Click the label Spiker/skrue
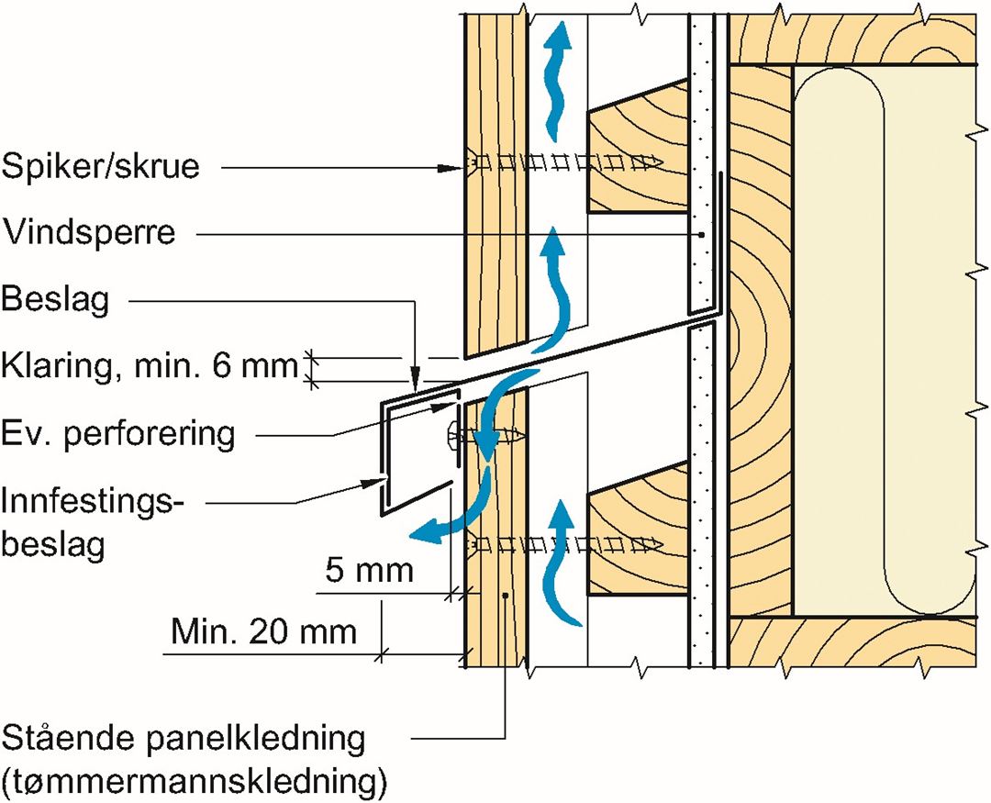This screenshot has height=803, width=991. tap(100, 168)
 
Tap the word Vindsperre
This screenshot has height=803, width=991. tap(88, 232)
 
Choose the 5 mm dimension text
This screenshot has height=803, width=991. tap(370, 571)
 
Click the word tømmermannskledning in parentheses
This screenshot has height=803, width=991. tap(195, 783)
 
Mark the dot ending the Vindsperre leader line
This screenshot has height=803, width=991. tap(701, 235)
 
